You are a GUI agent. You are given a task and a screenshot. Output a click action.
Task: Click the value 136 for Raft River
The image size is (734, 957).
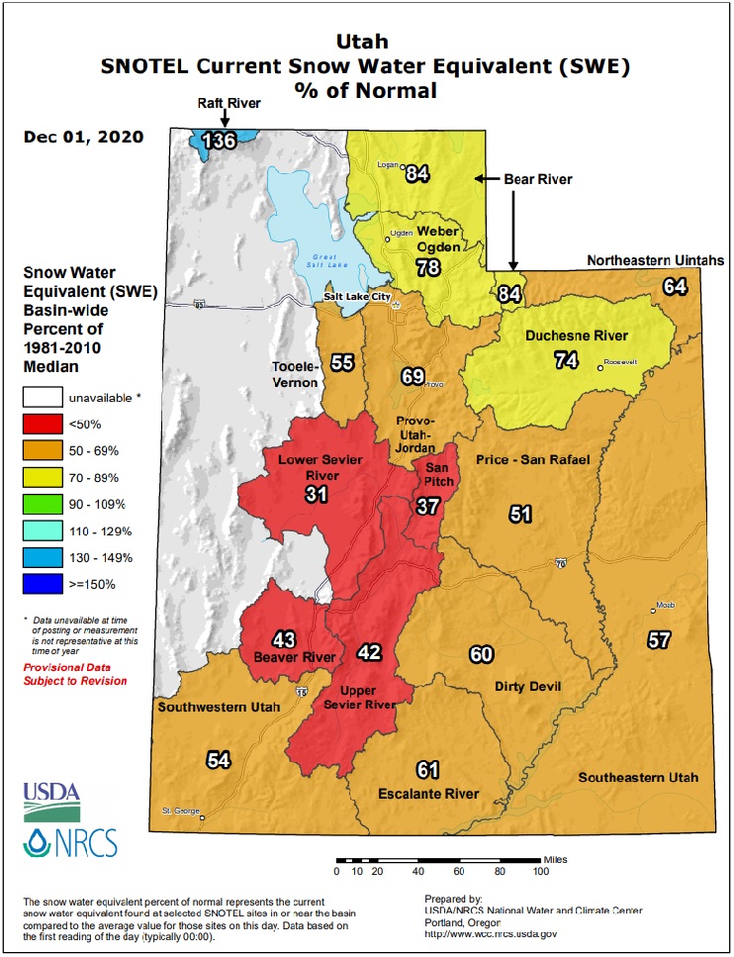219,141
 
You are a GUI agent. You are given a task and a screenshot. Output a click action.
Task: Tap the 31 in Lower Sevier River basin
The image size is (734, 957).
317,494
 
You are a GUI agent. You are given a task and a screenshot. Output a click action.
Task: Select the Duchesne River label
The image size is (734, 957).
563,335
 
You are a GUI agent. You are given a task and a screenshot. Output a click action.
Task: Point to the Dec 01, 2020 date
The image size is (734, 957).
83,137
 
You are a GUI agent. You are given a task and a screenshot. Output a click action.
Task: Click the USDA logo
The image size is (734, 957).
52,795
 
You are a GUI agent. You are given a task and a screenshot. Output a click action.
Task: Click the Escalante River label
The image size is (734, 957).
428,794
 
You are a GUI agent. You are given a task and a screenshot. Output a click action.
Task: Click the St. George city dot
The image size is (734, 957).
201,818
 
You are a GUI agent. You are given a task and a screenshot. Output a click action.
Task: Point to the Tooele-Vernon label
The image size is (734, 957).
295,374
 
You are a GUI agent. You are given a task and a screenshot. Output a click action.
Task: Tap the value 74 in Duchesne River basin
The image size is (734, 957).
566,361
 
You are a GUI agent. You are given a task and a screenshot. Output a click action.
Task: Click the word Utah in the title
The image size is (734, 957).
365,43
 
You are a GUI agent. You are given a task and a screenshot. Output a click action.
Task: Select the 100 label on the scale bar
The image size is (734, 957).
541,871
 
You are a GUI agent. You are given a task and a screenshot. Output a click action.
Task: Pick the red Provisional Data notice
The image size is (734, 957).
74,674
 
